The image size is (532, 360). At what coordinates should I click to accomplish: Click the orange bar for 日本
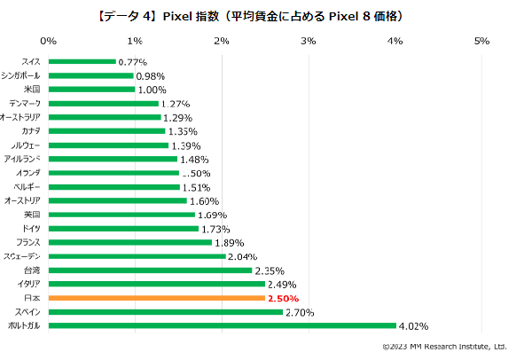(157, 298)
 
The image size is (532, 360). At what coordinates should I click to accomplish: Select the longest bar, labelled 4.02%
(223, 325)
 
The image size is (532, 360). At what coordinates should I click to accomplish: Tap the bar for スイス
(82, 61)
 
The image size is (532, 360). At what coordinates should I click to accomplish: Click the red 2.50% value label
(283, 298)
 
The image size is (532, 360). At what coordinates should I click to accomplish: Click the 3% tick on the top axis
(308, 41)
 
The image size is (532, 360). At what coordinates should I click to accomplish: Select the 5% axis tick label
(481, 41)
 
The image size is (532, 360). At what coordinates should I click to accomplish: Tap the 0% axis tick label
(49, 41)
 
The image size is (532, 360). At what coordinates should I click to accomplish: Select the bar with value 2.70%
(166, 312)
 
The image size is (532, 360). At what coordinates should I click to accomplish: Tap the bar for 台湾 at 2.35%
(151, 270)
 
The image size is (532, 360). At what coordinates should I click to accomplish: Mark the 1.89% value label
(230, 242)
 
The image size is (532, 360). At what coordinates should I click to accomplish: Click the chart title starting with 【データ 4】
(265, 14)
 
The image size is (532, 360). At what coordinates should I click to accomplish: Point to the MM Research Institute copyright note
(443, 347)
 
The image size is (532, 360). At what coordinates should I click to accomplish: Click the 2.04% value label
(242, 256)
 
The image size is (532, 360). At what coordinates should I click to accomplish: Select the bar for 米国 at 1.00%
(92, 90)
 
